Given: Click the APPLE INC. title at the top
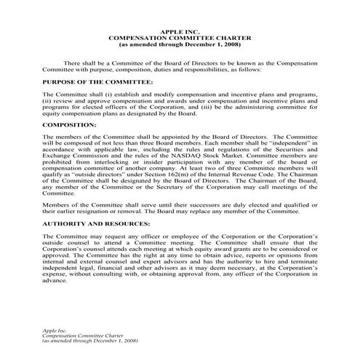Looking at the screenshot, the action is [179, 32].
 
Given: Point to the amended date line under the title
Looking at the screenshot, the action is [180, 45].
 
